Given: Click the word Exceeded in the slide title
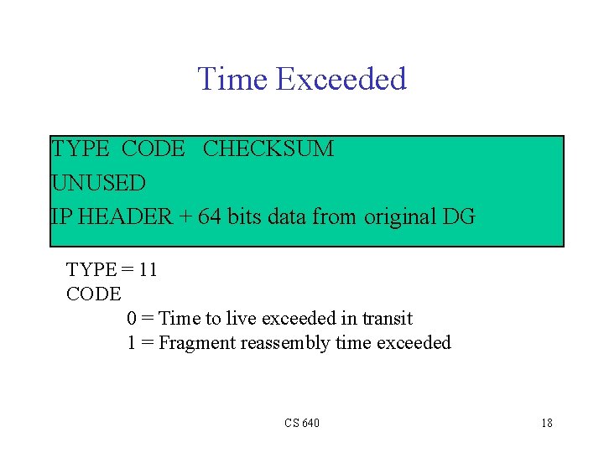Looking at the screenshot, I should (x=341, y=79).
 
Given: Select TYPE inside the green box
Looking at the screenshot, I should (x=81, y=149).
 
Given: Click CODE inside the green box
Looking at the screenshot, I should (x=153, y=149).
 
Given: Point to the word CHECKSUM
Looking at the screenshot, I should (x=268, y=149).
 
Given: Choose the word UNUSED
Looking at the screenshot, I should (x=98, y=183).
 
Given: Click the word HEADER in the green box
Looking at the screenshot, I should (x=119, y=217).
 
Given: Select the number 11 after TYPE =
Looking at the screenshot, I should (x=148, y=270).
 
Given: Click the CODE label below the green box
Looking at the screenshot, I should (x=93, y=294).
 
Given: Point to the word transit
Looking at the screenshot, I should (x=387, y=319).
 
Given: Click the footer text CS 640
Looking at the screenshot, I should (x=301, y=423).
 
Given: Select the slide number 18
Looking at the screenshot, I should (x=546, y=423).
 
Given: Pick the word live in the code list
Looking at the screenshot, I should (x=242, y=319).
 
